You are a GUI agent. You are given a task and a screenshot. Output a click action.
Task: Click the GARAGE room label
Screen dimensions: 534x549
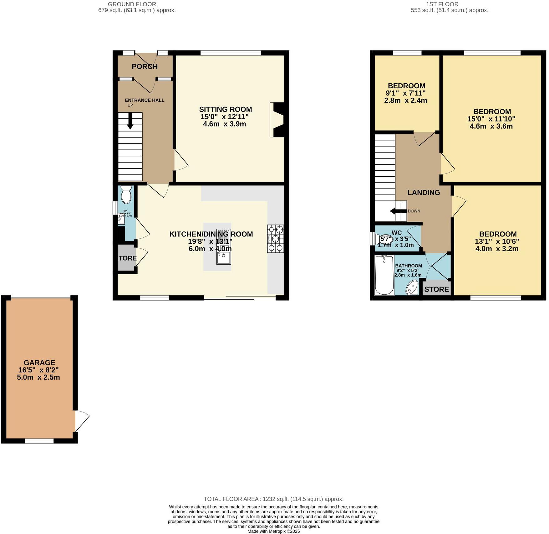pyautogui.click(x=39, y=363)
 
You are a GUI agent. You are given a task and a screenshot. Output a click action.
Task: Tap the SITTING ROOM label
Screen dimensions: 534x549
pyautogui.click(x=225, y=109)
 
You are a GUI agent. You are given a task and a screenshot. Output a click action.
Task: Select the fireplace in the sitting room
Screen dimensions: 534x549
pyautogui.click(x=277, y=120)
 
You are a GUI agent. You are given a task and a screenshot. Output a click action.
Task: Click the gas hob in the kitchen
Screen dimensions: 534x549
pyautogui.click(x=276, y=239)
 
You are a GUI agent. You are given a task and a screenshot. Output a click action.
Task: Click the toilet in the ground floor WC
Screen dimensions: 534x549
pyautogui.click(x=126, y=195)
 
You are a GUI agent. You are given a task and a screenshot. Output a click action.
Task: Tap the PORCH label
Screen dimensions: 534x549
pyautogui.click(x=145, y=66)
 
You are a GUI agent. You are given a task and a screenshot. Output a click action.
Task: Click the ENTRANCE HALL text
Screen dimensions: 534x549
pyautogui.click(x=145, y=100)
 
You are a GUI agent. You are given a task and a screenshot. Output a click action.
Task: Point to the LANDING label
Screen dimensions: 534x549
pyautogui.click(x=424, y=193)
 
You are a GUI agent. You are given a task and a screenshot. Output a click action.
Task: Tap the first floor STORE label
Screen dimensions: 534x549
pyautogui.click(x=436, y=289)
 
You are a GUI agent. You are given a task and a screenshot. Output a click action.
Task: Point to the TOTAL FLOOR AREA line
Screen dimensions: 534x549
pyautogui.click(x=273, y=499)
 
